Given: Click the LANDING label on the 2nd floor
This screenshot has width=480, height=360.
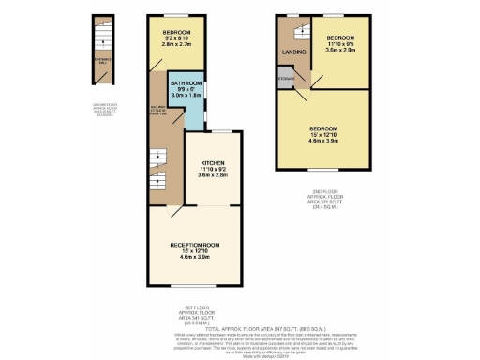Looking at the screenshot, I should pyautogui.click(x=294, y=52).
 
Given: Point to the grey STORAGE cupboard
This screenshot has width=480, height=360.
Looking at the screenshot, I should pyautogui.click(x=284, y=80).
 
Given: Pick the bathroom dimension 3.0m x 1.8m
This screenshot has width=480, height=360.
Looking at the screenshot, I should pyautogui.click(x=185, y=95).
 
